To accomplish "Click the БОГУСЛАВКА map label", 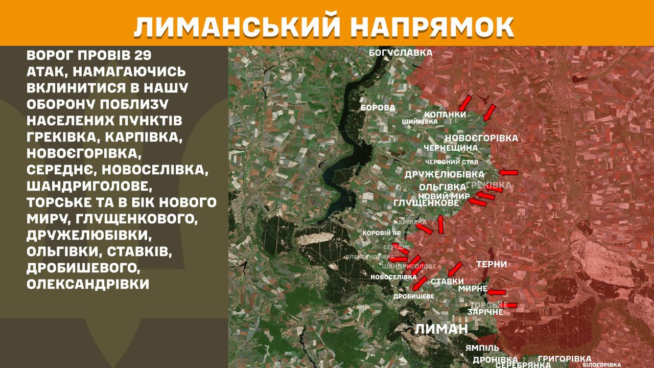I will [401, 53].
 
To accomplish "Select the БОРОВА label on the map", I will [378, 108].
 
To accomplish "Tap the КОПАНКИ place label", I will [446, 114].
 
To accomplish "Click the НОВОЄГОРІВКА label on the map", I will [481, 138].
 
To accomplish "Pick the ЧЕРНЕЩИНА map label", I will [451, 148].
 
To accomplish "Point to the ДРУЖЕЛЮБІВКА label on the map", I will [445, 175].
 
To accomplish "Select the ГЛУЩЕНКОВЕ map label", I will [427, 203].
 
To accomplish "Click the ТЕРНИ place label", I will [492, 264].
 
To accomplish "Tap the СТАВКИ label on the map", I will [447, 282].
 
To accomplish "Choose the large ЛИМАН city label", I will [441, 329].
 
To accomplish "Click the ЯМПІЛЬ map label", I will [482, 348].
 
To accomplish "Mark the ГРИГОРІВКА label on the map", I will [565, 359].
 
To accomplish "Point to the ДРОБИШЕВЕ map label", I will [414, 296].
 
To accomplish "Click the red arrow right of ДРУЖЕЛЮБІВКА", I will [508, 172].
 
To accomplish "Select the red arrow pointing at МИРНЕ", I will [496, 292].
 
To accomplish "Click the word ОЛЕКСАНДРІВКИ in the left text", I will [88, 284].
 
